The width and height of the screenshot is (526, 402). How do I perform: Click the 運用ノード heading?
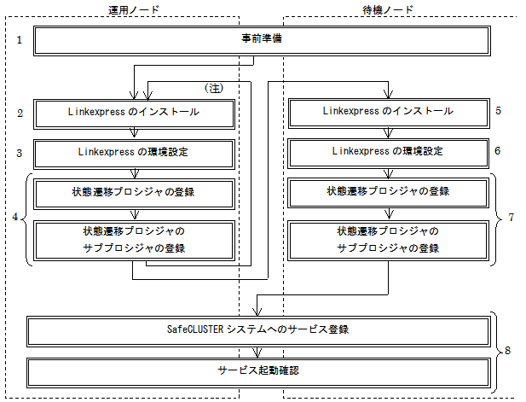(x=134, y=9)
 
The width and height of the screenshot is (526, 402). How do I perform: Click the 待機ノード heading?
(x=388, y=9)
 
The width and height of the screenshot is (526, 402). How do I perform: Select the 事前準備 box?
(x=262, y=41)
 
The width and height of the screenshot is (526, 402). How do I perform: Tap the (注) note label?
(x=214, y=88)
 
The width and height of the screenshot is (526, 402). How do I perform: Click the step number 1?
(x=20, y=40)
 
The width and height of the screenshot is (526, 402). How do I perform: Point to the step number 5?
(x=499, y=110)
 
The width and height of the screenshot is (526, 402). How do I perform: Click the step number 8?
(x=507, y=351)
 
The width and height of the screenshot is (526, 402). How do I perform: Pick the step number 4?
(x=15, y=217)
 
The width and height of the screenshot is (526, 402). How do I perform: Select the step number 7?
(x=512, y=218)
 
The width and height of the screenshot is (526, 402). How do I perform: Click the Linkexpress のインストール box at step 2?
(x=134, y=114)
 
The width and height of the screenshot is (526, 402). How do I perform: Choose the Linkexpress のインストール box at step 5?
(x=389, y=114)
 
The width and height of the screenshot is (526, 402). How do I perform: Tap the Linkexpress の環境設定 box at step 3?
(x=134, y=154)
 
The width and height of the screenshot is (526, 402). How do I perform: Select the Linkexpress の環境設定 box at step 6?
(x=389, y=154)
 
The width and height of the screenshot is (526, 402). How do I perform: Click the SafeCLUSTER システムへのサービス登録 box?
(x=258, y=331)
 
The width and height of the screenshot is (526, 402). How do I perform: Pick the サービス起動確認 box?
(x=258, y=373)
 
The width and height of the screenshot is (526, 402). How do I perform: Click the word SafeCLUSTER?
(x=195, y=329)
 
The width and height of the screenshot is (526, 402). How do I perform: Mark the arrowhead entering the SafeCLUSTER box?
(x=257, y=312)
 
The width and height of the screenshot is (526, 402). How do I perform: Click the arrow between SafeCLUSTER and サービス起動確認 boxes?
(x=257, y=352)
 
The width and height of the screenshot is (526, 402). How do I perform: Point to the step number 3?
(x=20, y=154)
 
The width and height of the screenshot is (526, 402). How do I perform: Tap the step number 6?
(x=498, y=151)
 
